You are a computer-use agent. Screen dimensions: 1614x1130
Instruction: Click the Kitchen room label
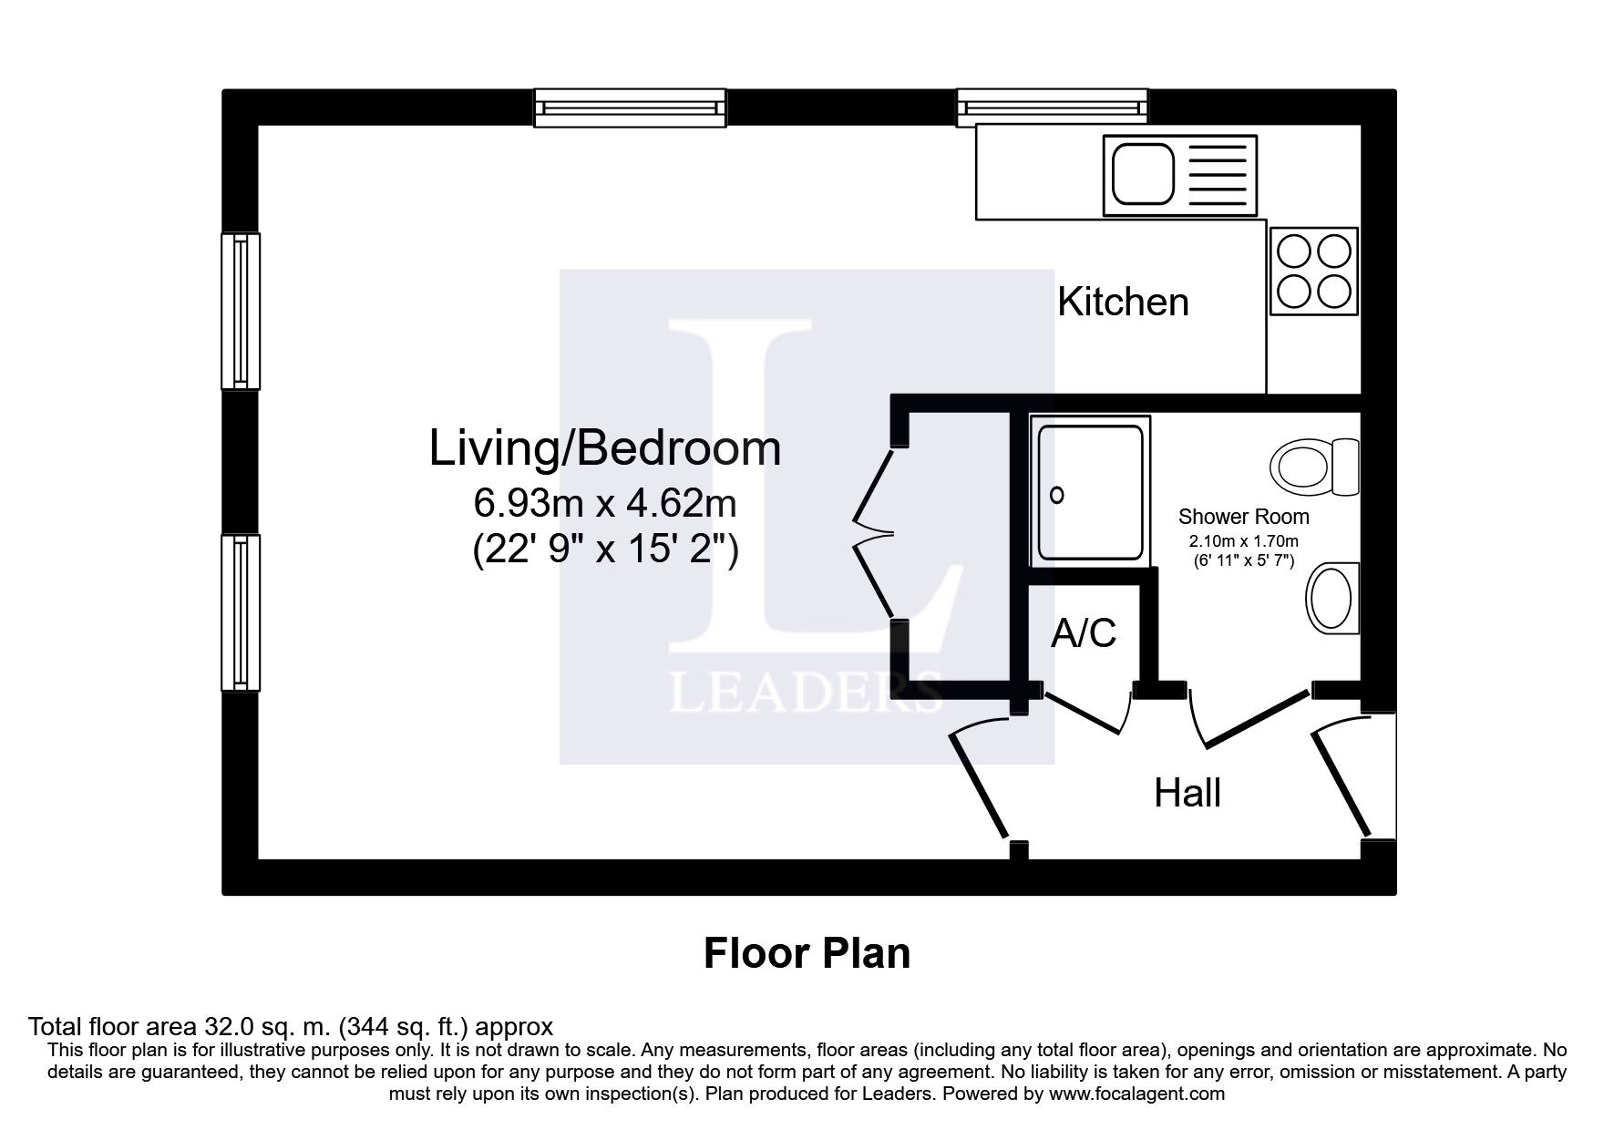1123,302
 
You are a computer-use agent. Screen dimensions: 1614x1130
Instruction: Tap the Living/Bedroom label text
605,449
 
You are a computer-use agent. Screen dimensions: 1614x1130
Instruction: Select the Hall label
1187,793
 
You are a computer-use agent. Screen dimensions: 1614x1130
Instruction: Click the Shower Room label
1243,517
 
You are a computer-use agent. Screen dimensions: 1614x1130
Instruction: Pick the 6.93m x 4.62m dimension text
605,502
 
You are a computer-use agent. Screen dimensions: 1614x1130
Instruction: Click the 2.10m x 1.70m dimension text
1243,541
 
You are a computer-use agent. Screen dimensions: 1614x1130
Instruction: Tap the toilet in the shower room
1315,467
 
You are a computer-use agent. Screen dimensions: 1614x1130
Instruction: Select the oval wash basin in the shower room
1333,597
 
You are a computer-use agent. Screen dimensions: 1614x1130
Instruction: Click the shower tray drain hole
1057,496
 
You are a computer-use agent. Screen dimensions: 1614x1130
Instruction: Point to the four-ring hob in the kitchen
1313,271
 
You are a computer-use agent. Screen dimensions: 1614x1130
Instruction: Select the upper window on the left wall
241,311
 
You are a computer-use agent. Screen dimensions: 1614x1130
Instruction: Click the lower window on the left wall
241,612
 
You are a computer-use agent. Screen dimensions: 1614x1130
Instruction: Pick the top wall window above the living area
630,108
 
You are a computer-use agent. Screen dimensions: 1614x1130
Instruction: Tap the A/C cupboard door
1085,712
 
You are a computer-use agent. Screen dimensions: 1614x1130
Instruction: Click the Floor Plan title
807,953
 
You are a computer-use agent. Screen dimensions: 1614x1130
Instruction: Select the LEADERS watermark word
806,693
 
